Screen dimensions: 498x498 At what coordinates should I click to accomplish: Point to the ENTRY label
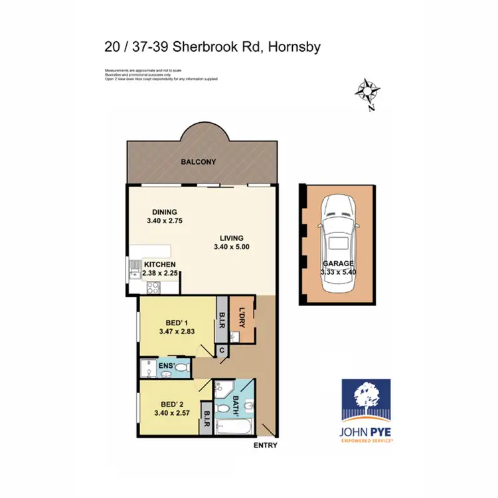coord(266,446)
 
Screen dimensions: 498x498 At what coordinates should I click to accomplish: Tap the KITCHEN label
coord(160,264)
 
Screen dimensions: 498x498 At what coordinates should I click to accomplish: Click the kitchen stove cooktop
coord(153,288)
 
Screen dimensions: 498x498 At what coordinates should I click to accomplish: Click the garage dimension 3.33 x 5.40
coord(339,272)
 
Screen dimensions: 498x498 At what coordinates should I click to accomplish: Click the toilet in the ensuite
coord(183,367)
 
